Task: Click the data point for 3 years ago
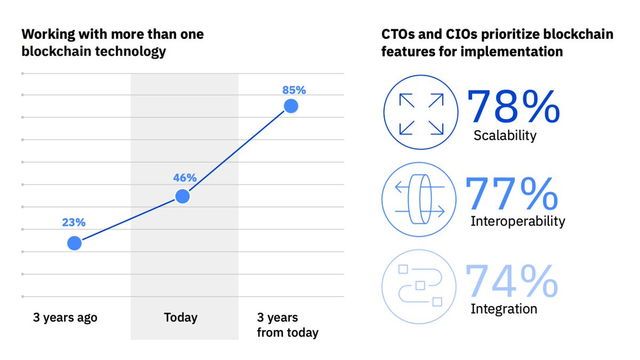74,243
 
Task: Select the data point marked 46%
182,196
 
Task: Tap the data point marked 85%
291,106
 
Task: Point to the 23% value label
74,222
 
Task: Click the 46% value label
185,178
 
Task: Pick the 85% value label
294,90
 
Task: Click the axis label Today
181,317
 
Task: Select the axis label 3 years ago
65,318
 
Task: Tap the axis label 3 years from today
287,325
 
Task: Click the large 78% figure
514,106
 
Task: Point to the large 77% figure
511,193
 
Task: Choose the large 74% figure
511,281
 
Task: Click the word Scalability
505,135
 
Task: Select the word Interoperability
518,221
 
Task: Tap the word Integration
503,309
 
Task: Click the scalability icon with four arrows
421,113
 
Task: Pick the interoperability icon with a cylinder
419,199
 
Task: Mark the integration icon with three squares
419,286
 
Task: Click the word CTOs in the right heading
397,34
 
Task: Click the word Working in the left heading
48,35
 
